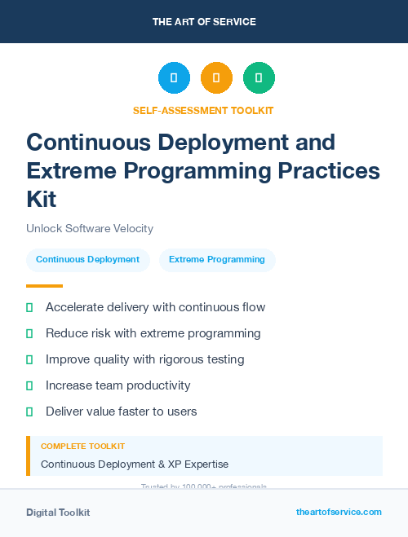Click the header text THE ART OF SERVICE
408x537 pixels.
[204, 22]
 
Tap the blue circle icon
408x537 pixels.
[174, 78]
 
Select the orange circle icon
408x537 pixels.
[216, 78]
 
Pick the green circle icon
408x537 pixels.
[259, 78]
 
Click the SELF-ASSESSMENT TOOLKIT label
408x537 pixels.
[203, 110]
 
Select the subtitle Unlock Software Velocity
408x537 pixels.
[90, 229]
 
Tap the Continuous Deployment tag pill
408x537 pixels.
[87, 260]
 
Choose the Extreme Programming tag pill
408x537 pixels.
[217, 260]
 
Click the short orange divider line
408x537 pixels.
[44, 286]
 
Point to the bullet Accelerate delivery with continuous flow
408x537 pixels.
[155, 308]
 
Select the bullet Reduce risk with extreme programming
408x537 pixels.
[153, 333]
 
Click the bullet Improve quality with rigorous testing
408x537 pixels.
[144, 359]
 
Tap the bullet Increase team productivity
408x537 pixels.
[118, 385]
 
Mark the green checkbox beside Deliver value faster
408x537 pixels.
[29, 412]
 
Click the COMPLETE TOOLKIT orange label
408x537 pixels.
[82, 447]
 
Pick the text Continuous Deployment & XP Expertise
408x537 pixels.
[135, 464]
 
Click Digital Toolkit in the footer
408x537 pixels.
[58, 513]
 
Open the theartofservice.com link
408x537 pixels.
[339, 512]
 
